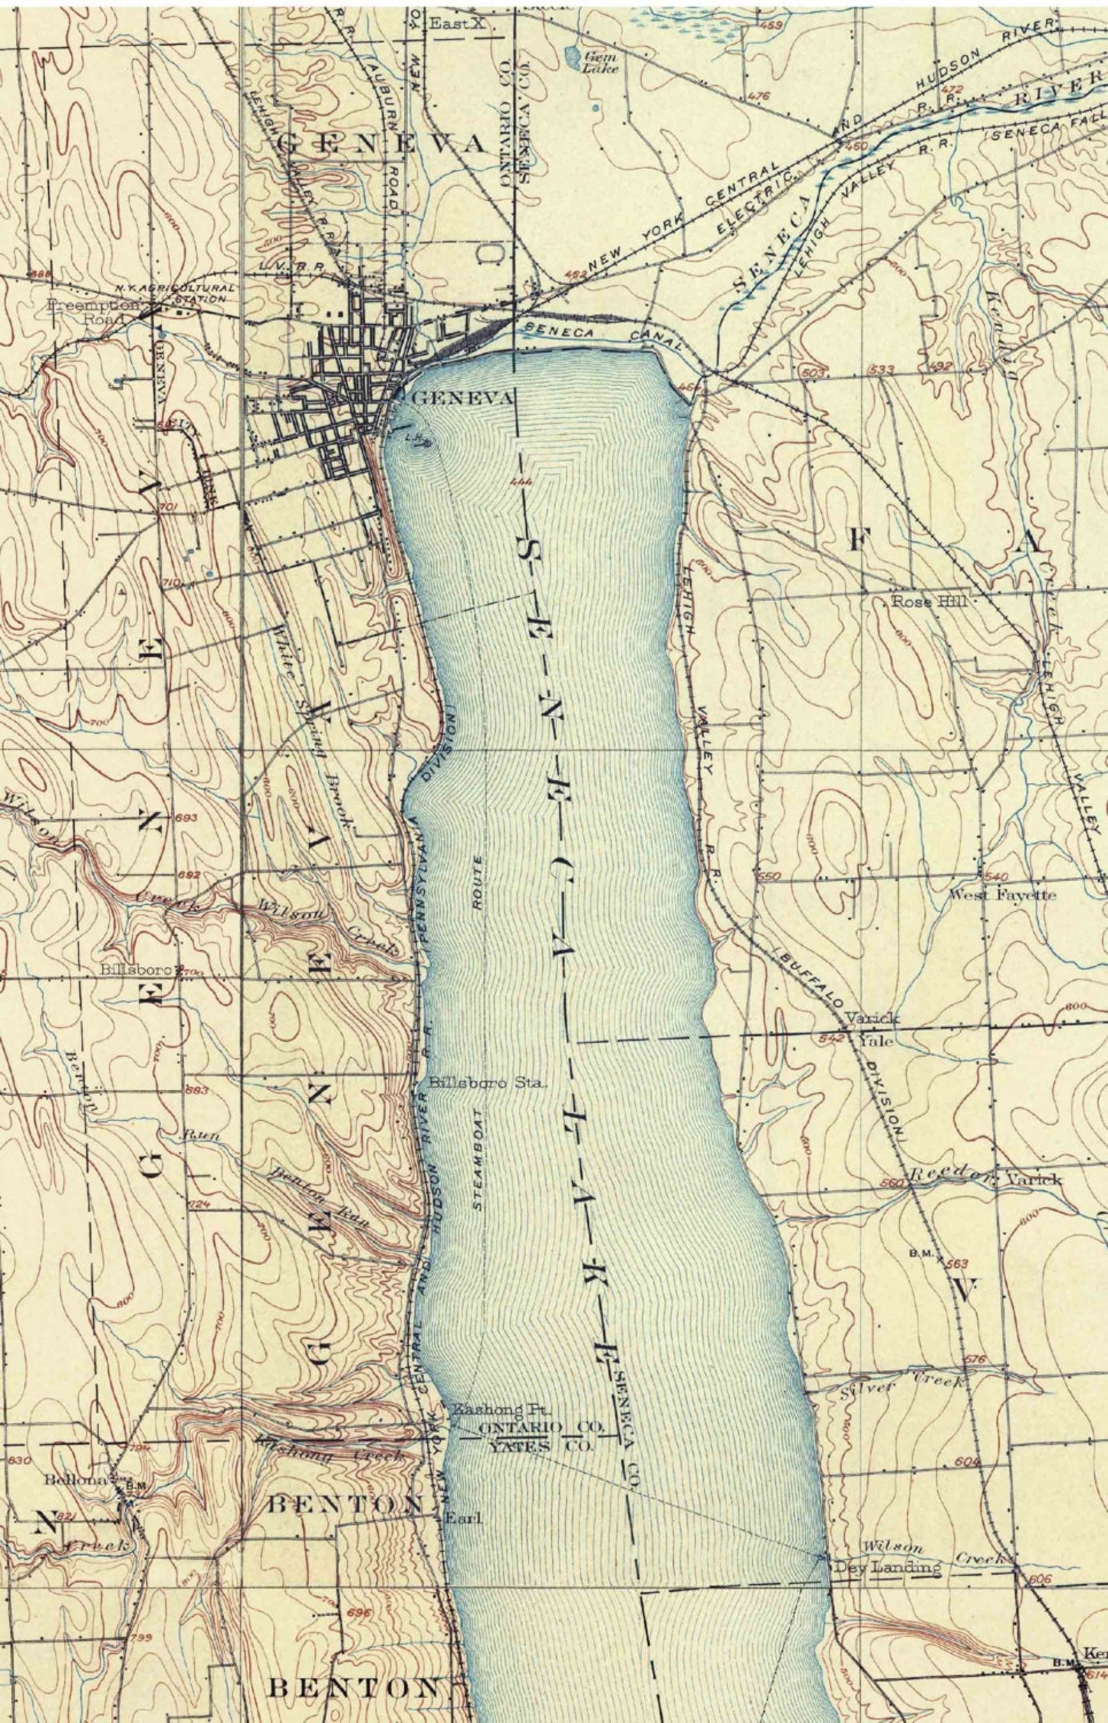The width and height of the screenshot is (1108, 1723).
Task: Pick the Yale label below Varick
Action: [875, 1042]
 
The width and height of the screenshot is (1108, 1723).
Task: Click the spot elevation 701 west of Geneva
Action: [167, 508]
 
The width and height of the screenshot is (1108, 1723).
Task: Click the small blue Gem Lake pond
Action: [573, 54]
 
